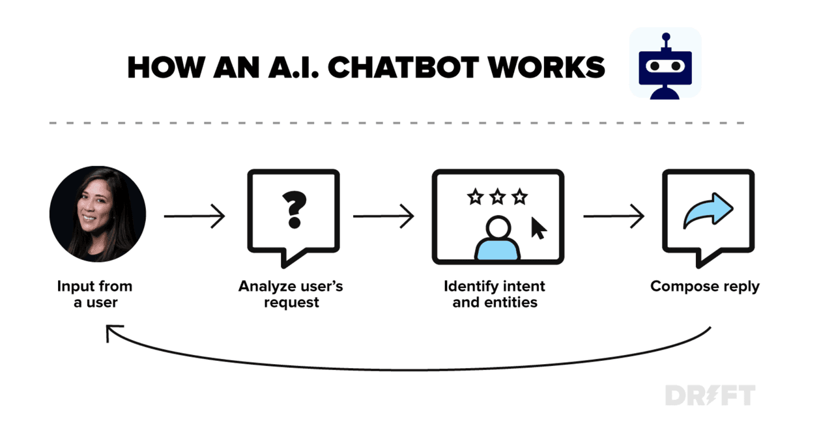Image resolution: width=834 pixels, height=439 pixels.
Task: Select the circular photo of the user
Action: click(98, 214)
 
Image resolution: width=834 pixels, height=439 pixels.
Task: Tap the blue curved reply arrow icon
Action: click(708, 211)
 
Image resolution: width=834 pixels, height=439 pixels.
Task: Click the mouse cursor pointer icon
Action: click(539, 228)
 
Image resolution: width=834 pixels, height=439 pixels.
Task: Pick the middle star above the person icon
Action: click(497, 195)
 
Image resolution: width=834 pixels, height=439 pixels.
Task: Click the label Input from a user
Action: click(94, 294)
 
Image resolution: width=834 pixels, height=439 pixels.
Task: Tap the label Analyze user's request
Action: click(291, 294)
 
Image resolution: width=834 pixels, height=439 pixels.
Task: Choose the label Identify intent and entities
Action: click(495, 294)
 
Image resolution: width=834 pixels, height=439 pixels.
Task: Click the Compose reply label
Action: click(705, 286)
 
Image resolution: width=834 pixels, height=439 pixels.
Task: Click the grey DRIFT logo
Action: click(710, 395)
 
